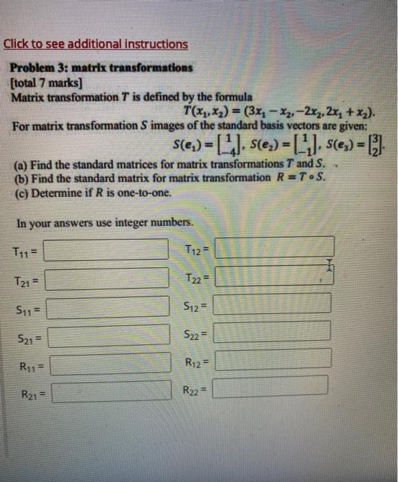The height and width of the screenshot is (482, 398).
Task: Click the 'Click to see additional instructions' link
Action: coord(96,44)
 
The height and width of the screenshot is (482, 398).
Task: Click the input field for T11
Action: coord(107,249)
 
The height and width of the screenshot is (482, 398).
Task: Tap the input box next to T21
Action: coord(107,278)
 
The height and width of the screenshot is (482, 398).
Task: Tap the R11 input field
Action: coord(110,364)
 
